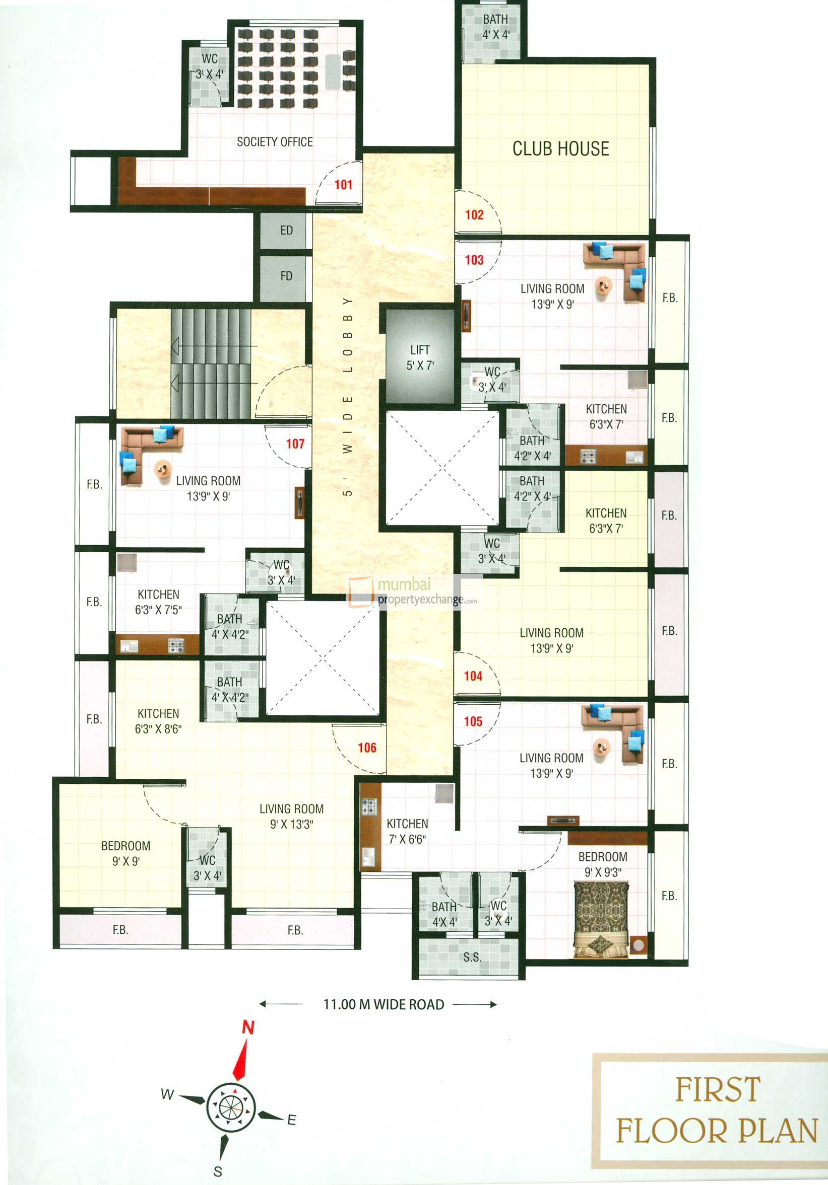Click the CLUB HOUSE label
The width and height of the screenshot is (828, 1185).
pyautogui.click(x=560, y=149)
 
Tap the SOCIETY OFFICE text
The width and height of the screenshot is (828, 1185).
pyautogui.click(x=274, y=142)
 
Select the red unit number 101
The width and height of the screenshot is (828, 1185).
pyautogui.click(x=344, y=185)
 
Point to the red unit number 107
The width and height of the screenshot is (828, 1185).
pyautogui.click(x=295, y=443)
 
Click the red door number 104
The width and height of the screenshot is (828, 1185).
pyautogui.click(x=473, y=676)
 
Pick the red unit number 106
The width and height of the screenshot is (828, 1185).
pyautogui.click(x=367, y=748)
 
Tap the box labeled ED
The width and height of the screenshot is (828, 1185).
pyautogui.click(x=286, y=231)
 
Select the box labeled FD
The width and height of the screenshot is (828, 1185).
pyautogui.click(x=286, y=276)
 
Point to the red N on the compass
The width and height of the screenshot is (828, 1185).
pyautogui.click(x=248, y=1027)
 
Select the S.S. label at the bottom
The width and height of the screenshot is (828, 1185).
pyautogui.click(x=472, y=957)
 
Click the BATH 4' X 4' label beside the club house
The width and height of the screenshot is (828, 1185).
pyautogui.click(x=495, y=27)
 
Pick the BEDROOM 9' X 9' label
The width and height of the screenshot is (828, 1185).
pyautogui.click(x=125, y=853)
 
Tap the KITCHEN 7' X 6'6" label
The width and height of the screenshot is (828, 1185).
pyautogui.click(x=407, y=831)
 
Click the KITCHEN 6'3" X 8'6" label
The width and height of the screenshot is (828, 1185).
pyautogui.click(x=158, y=721)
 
